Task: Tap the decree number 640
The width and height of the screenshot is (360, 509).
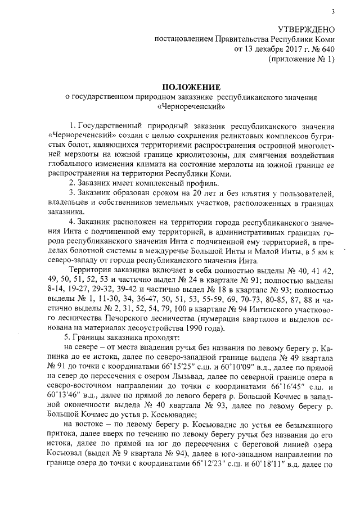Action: [327, 49]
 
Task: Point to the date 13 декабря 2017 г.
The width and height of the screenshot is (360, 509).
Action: [271, 49]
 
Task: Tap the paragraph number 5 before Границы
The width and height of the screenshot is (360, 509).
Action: [68, 337]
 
